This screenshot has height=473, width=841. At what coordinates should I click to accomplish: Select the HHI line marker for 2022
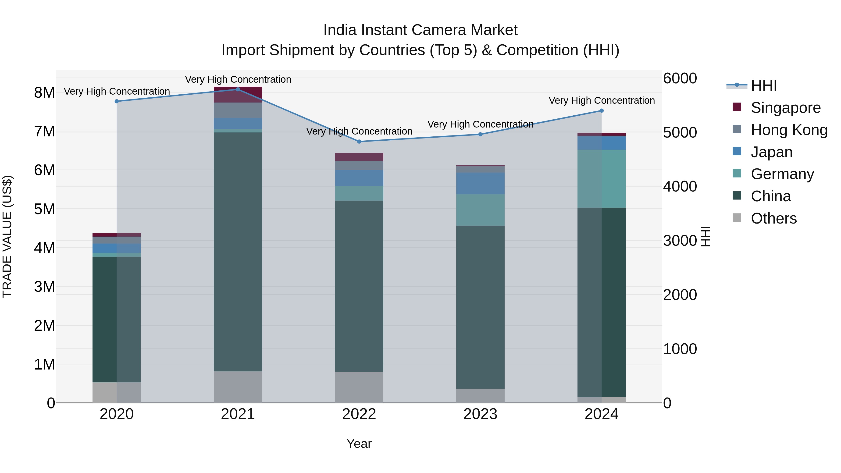(x=359, y=142)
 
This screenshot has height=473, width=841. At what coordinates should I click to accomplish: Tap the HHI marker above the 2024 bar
(x=602, y=111)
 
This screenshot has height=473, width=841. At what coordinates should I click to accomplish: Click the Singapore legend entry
(x=785, y=108)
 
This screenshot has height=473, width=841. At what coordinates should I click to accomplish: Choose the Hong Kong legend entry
(x=789, y=130)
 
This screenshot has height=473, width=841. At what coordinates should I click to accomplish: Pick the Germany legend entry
(x=782, y=174)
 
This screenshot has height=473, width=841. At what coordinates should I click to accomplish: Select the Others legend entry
(x=773, y=218)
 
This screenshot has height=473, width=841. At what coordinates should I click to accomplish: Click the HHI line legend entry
(x=763, y=85)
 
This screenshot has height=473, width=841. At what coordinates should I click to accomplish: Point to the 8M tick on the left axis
(x=44, y=93)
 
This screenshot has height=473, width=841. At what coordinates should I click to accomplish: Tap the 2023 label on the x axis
(x=480, y=414)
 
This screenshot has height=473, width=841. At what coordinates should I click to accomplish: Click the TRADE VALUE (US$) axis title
(x=7, y=236)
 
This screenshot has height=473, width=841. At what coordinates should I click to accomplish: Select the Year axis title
(x=359, y=444)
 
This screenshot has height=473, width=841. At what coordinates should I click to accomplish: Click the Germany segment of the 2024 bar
(x=602, y=178)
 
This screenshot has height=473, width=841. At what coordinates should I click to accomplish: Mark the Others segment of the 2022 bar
(x=359, y=387)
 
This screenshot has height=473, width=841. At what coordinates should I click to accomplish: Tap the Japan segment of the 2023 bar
(x=480, y=183)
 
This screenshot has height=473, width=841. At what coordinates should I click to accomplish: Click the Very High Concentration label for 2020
(x=117, y=91)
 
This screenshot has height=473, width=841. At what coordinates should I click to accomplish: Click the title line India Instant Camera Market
(x=420, y=30)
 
